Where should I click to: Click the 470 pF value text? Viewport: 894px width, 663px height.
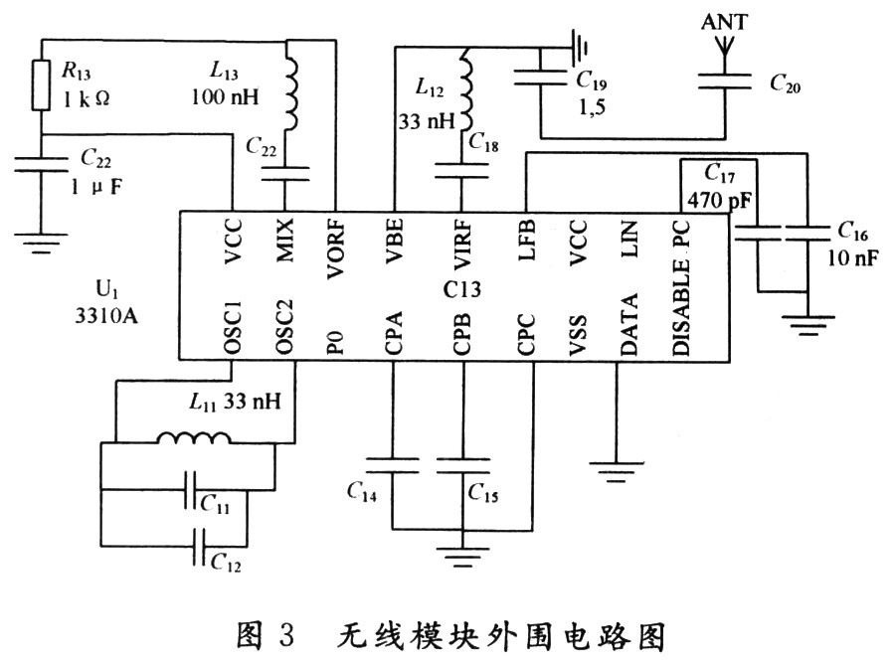click(x=717, y=198)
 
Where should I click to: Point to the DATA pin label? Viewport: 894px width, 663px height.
click(x=629, y=327)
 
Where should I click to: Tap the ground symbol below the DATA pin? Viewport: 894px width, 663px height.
click(x=618, y=464)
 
